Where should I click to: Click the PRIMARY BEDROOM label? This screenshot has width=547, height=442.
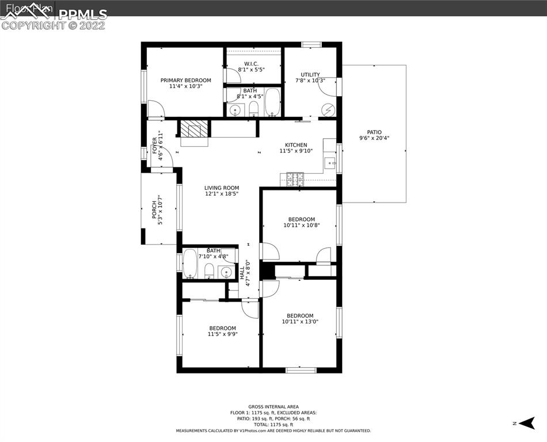point(185,80)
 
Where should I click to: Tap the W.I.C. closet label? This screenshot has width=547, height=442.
point(251,63)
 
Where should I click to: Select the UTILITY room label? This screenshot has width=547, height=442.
point(310,74)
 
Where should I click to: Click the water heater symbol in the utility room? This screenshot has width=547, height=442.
point(328,109)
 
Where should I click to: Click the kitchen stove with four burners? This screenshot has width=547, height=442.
point(295,180)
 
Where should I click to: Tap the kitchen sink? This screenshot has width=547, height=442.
point(329,162)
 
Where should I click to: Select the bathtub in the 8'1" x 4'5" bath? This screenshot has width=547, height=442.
point(272,102)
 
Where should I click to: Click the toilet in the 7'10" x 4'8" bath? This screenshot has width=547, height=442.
point(209,271)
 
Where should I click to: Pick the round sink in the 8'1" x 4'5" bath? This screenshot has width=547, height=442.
point(234,110)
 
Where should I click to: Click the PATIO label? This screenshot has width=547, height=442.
point(374,132)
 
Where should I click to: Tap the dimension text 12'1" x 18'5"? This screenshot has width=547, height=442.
point(222,195)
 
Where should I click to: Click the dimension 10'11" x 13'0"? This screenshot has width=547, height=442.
point(300,322)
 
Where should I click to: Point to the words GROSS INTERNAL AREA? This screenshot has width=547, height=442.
point(273,406)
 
